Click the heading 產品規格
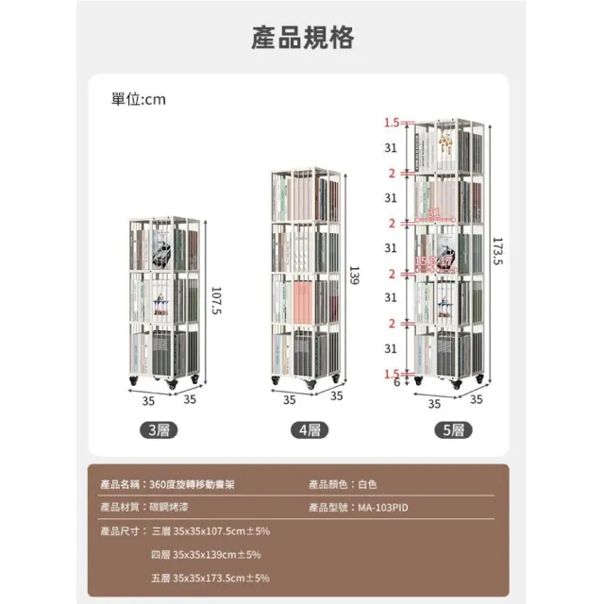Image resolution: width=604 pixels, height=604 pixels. pyautogui.click(x=302, y=38)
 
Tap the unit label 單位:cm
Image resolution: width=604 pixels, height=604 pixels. pyautogui.click(x=139, y=99)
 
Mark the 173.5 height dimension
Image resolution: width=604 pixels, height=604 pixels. pyautogui.click(x=497, y=251)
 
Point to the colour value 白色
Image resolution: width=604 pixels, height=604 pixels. pyautogui.click(x=367, y=484)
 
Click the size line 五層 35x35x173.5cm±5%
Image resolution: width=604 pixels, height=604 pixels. pyautogui.click(x=210, y=577)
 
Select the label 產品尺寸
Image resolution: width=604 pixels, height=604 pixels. pyautogui.click(x=122, y=531)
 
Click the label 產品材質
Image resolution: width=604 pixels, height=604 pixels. pyautogui.click(x=122, y=508)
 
